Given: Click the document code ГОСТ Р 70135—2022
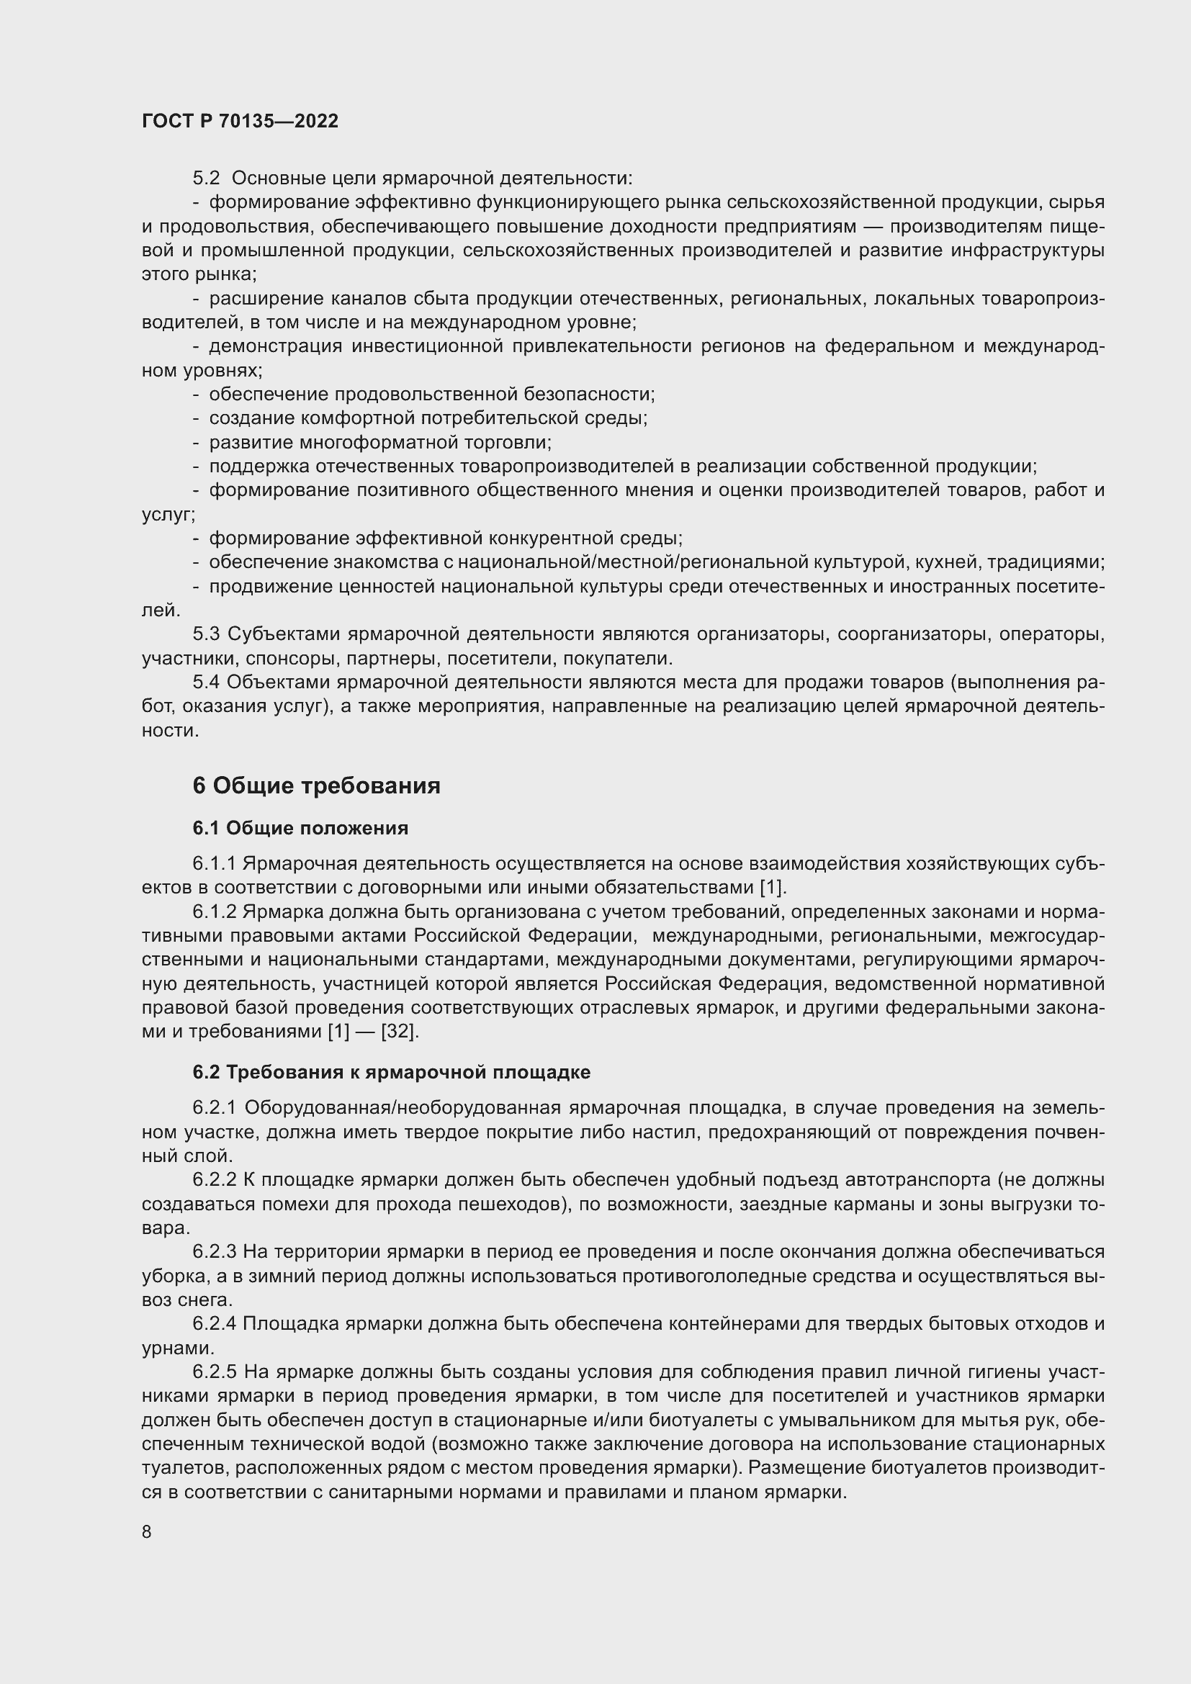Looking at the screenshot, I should pyautogui.click(x=240, y=121).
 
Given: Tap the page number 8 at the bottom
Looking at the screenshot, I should pyautogui.click(x=147, y=1531).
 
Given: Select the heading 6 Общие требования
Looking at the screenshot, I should pyautogui.click(x=316, y=785).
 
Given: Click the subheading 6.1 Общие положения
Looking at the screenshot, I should pyautogui.click(x=300, y=828).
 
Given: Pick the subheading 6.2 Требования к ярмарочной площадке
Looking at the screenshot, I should pyautogui.click(x=391, y=1072).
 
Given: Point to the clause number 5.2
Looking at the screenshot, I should pyautogui.click(x=206, y=179).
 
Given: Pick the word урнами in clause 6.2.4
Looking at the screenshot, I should pyautogui.click(x=177, y=1348).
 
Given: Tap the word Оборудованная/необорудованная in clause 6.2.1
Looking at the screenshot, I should pyautogui.click(x=402, y=1107).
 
